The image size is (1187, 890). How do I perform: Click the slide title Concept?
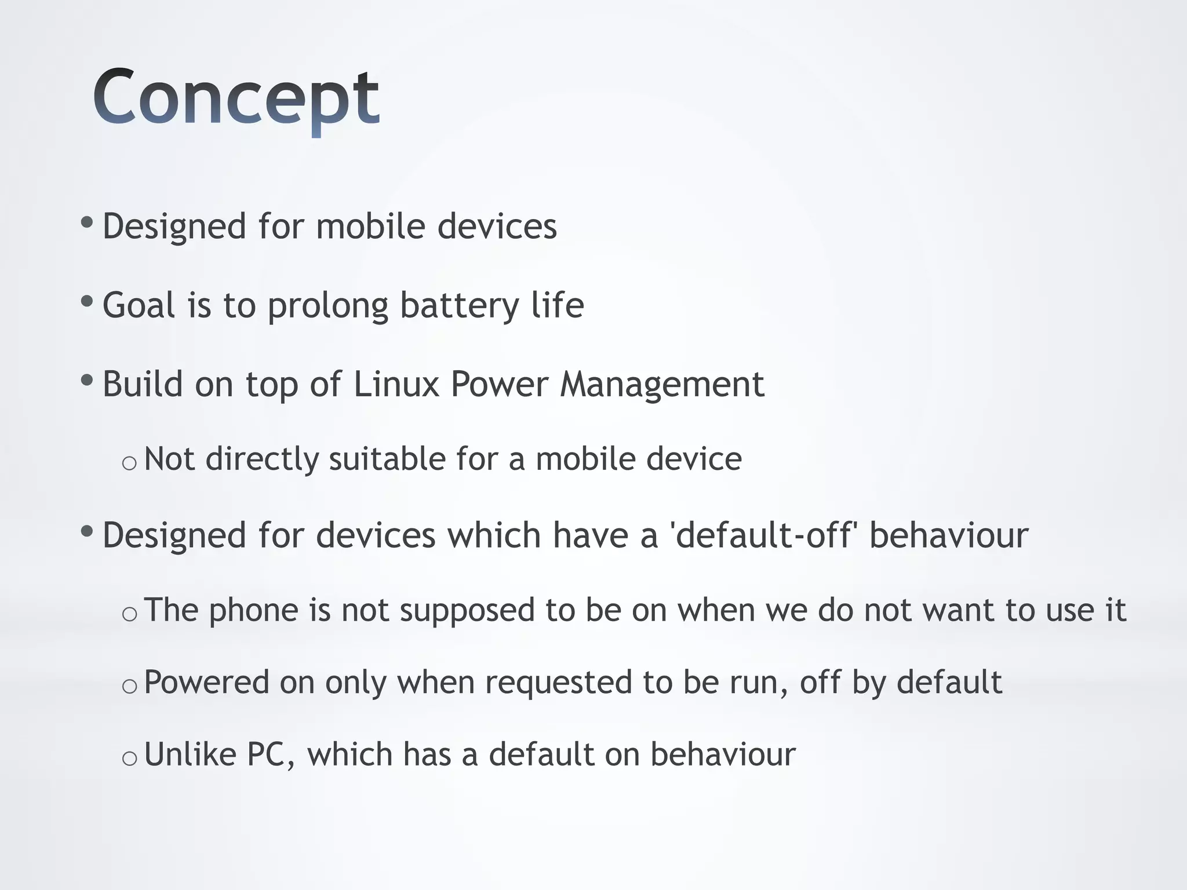point(236,97)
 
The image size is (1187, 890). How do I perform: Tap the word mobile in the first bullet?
point(370,226)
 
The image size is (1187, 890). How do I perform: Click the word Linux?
point(396,384)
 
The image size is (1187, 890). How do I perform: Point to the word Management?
point(661,385)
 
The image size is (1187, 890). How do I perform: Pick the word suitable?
point(387,459)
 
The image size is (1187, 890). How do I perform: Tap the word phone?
point(253,611)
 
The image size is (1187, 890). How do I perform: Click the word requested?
point(558,683)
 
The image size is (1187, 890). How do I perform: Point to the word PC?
point(270,754)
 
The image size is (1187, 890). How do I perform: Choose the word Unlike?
point(190,754)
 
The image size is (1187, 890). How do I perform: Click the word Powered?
point(206,683)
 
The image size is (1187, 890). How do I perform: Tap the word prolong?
point(327,307)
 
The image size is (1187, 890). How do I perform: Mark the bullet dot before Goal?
point(87,301)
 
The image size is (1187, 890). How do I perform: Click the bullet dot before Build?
point(87,381)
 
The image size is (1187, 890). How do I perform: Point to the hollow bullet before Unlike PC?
point(129,758)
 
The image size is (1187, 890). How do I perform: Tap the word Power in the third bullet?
point(499,384)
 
